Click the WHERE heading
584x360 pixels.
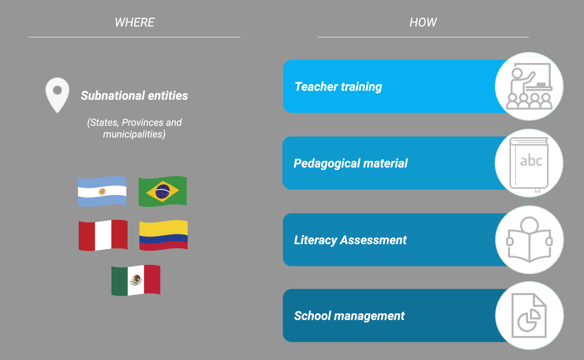[x=135, y=22]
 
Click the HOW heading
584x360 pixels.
[x=423, y=22]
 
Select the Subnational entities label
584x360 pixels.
[x=134, y=96]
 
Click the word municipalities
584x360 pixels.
[x=134, y=134]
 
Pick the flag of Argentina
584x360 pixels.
[x=102, y=192]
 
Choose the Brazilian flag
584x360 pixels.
[x=162, y=192]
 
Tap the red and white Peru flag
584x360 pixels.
[x=103, y=235]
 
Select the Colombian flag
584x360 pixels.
[x=163, y=235]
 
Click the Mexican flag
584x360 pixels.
[x=136, y=280]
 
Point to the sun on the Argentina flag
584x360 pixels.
[x=102, y=192]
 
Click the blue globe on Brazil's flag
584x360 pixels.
[x=162, y=192]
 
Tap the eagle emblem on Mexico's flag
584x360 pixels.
[x=136, y=280]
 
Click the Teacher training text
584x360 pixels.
[x=338, y=87]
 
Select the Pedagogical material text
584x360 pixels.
[x=351, y=163]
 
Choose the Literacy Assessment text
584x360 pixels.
[x=350, y=240]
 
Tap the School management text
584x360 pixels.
[x=349, y=316]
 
